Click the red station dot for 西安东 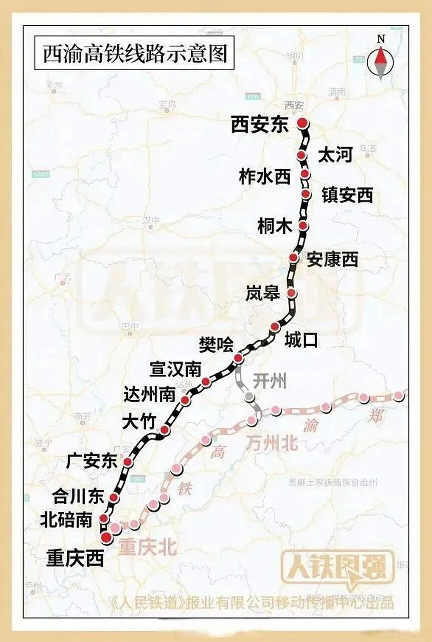[x=302, y=123]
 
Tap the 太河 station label [x=335, y=155]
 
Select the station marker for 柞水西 [x=305, y=174]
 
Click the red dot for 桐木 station [x=303, y=226]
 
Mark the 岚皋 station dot [x=291, y=293]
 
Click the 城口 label [x=301, y=340]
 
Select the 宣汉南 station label [x=175, y=370]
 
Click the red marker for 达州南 [x=185, y=400]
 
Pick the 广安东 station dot [x=128, y=461]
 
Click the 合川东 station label [x=78, y=497]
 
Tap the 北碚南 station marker [x=104, y=518]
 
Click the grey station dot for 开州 [x=249, y=397]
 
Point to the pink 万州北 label [x=271, y=442]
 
